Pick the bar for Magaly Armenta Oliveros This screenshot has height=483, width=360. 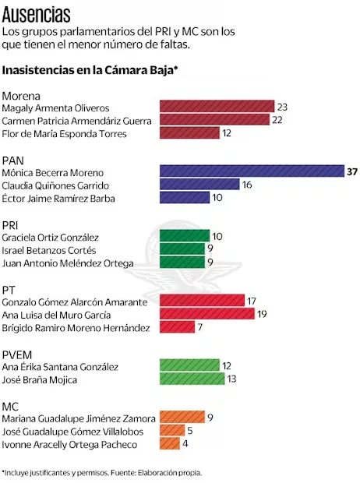[217, 107]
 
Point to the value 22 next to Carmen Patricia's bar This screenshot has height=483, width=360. [278, 120]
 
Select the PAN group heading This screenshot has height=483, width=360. [15, 158]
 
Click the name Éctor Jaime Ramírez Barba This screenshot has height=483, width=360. [59, 198]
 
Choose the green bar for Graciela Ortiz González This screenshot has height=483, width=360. [184, 236]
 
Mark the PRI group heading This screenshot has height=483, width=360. [12, 224]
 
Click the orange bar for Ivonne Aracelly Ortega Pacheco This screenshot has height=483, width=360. [168, 444]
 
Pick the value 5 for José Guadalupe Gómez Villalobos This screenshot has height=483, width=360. [192, 431]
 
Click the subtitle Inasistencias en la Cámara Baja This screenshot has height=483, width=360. [90, 70]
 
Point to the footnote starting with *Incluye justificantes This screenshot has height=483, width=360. [101, 472]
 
